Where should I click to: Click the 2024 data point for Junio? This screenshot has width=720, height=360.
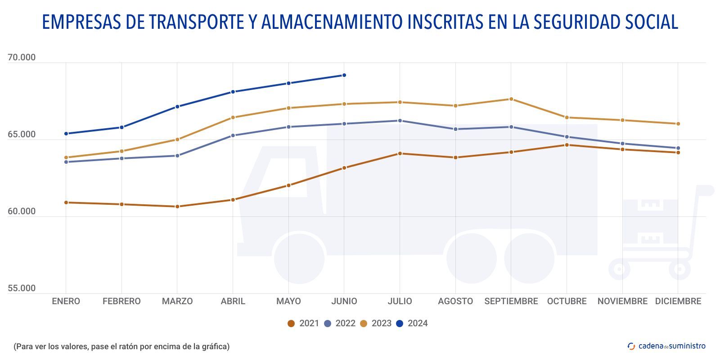click(344, 75)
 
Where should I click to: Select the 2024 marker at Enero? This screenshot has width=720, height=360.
click(66, 134)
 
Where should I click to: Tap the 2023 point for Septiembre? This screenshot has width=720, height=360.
click(511, 99)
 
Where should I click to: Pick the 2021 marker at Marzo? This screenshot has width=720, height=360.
click(177, 207)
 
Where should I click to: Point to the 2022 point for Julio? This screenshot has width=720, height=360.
click(400, 121)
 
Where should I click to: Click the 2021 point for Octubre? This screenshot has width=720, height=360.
click(567, 145)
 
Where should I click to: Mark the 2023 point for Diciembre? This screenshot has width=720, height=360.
click(678, 124)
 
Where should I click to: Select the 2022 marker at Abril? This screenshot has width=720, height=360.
click(233, 135)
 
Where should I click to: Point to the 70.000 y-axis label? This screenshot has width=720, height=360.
click(22, 58)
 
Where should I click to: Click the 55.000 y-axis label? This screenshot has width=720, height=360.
click(22, 288)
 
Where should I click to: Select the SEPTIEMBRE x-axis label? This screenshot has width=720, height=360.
click(511, 301)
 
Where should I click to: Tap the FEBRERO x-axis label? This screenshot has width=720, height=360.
click(121, 301)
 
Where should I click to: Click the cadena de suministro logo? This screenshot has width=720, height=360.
click(666, 346)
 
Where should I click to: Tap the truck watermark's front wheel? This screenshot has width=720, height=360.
click(299, 258)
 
